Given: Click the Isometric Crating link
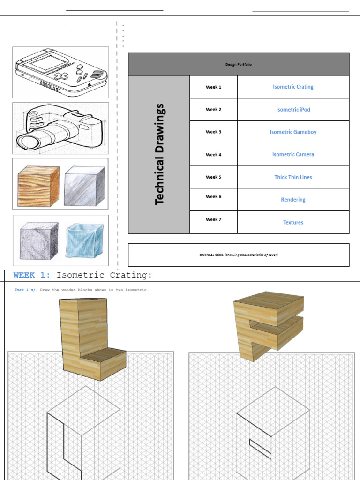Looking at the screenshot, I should pyautogui.click(x=293, y=87).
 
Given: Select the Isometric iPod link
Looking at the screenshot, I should pyautogui.click(x=293, y=110).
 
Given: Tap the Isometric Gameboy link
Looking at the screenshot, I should pyautogui.click(x=293, y=132).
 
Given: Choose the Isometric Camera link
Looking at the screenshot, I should pyautogui.click(x=293, y=154).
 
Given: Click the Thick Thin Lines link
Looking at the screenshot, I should pyautogui.click(x=293, y=177).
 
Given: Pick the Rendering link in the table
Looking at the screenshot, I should pyautogui.click(x=293, y=200).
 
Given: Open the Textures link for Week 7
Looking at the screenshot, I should pyautogui.click(x=293, y=223).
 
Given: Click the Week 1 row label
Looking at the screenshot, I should pyautogui.click(x=213, y=87).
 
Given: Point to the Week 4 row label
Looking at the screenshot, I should pyautogui.click(x=213, y=155).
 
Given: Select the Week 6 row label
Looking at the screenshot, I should pyautogui.click(x=213, y=197).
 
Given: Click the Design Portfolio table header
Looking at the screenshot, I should pyautogui.click(x=238, y=65).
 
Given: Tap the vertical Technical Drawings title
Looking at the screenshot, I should pyautogui.click(x=160, y=154).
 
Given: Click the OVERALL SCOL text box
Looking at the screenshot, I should pyautogui.click(x=238, y=255).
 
